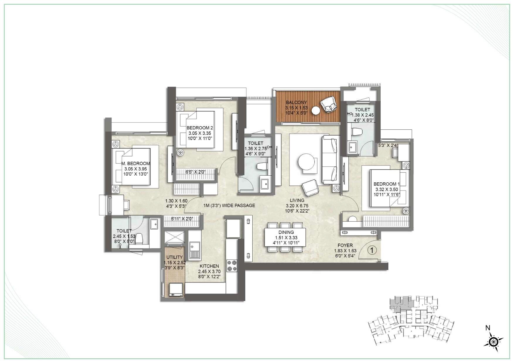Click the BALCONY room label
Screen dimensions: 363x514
pyautogui.click(x=296, y=102)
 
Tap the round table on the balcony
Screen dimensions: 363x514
pyautogui.click(x=316, y=111)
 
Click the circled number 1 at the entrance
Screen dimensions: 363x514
pyautogui.click(x=372, y=250)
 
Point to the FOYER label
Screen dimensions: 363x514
pyautogui.click(x=345, y=245)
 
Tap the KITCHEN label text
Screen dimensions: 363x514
pyautogui.click(x=209, y=266)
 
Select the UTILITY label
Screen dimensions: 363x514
pyautogui.click(x=174, y=257)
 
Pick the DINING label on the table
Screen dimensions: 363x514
pyautogui.click(x=286, y=232)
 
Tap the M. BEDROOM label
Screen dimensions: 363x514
pyautogui.click(x=135, y=164)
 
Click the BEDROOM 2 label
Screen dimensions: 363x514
pyautogui.click(x=200, y=128)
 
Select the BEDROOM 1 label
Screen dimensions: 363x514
pyautogui.click(x=387, y=184)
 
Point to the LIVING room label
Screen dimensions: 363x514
pyautogui.click(x=297, y=201)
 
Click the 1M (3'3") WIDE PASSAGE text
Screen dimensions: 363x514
pyautogui.click(x=229, y=206)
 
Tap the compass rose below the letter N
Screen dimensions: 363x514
pyautogui.click(x=493, y=341)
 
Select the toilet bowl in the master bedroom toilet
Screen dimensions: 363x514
pyautogui.click(x=140, y=239)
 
